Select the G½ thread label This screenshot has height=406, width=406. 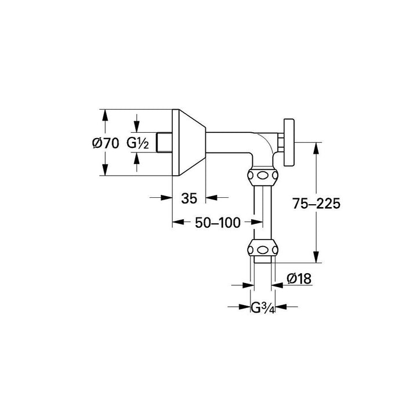139,143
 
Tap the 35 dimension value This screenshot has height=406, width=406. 189,198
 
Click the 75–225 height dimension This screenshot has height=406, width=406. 316,204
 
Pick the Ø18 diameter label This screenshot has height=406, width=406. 299,279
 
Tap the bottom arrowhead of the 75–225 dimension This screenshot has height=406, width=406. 316,260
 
